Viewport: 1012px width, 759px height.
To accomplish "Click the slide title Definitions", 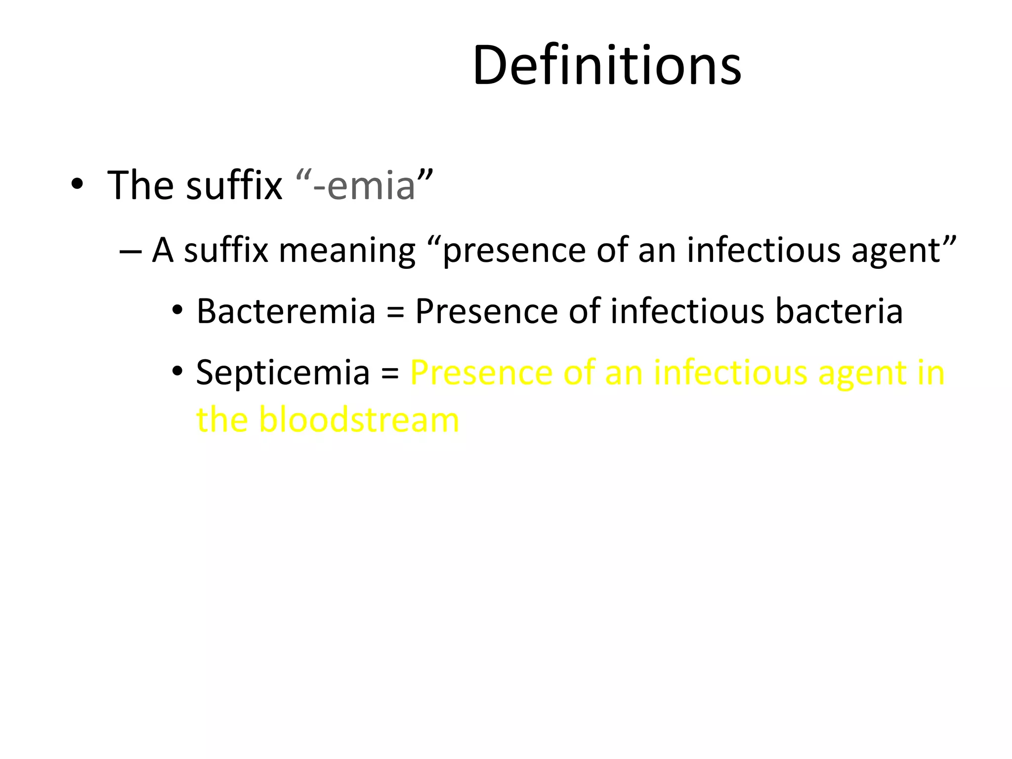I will click(x=607, y=65).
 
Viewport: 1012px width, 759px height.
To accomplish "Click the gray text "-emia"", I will click(x=364, y=186).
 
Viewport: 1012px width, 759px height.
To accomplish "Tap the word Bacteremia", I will click(x=286, y=311).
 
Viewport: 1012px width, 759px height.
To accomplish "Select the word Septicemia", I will click(x=283, y=373).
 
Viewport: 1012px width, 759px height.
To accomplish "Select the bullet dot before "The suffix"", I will click(x=77, y=184).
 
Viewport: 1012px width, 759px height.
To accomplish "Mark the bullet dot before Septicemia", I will click(x=177, y=372).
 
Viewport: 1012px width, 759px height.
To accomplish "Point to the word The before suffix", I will click(x=139, y=186).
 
